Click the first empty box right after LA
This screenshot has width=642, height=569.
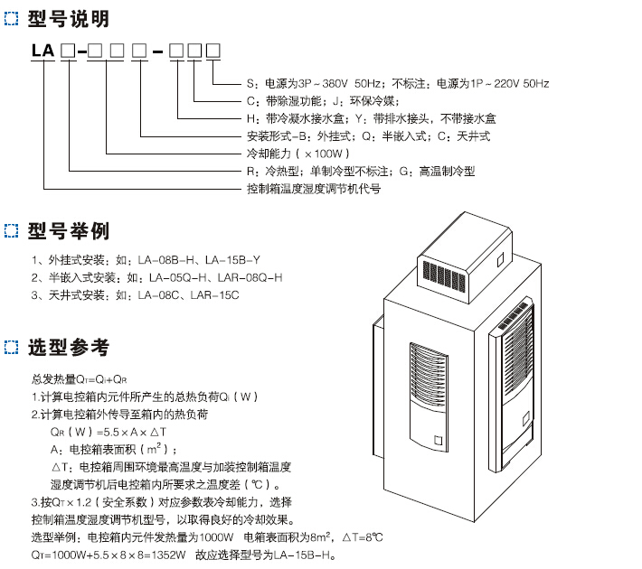[68, 51]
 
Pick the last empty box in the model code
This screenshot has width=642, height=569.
[213, 51]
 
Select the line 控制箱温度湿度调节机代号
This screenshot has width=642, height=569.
[314, 189]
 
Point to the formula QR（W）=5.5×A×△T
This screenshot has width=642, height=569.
[103, 432]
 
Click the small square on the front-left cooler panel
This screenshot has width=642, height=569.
[438, 442]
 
